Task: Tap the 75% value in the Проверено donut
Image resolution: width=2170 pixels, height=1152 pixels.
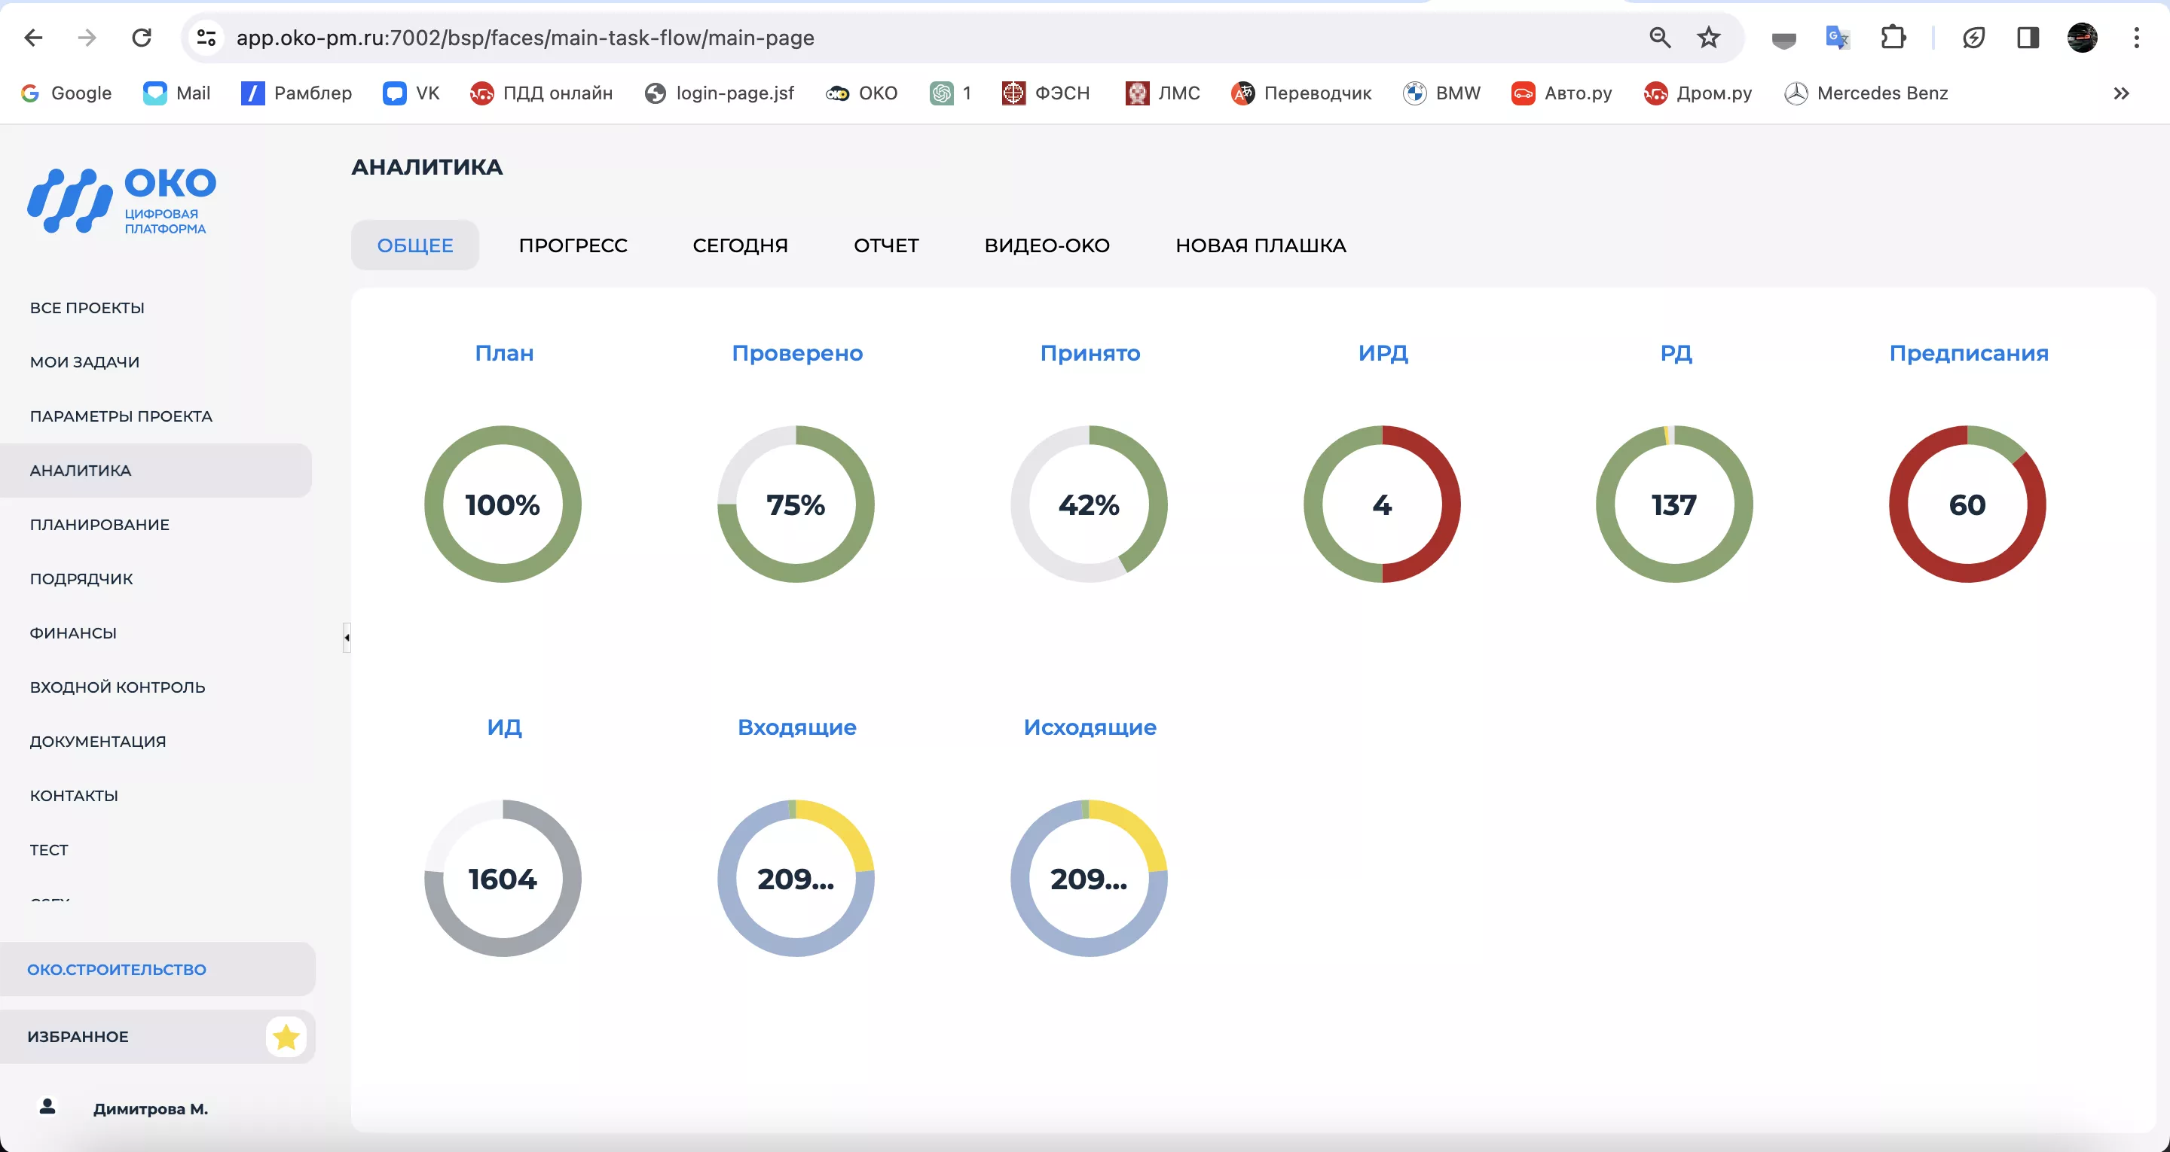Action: (795, 504)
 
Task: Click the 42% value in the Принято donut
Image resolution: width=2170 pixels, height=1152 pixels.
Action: (1088, 504)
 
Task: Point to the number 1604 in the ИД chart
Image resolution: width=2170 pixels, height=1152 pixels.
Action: (502, 879)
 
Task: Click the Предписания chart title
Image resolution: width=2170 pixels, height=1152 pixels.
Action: (1968, 353)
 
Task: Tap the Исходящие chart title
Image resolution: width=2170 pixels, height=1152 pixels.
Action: (1090, 727)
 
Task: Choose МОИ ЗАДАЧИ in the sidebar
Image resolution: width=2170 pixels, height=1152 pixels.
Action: (84, 362)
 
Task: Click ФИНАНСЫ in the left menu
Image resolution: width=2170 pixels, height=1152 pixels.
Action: (73, 633)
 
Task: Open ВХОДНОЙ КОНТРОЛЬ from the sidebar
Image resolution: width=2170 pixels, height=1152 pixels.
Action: (117, 687)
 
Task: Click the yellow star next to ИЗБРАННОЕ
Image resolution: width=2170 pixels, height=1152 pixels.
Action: (286, 1037)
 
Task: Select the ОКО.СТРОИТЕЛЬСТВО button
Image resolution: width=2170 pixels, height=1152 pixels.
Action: (116, 969)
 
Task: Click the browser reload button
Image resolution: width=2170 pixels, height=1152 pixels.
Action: (142, 37)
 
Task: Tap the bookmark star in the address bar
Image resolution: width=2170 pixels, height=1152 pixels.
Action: (1707, 37)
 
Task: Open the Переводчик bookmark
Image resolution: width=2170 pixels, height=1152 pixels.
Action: (1301, 93)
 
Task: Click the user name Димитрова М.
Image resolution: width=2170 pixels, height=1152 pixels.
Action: (150, 1109)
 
